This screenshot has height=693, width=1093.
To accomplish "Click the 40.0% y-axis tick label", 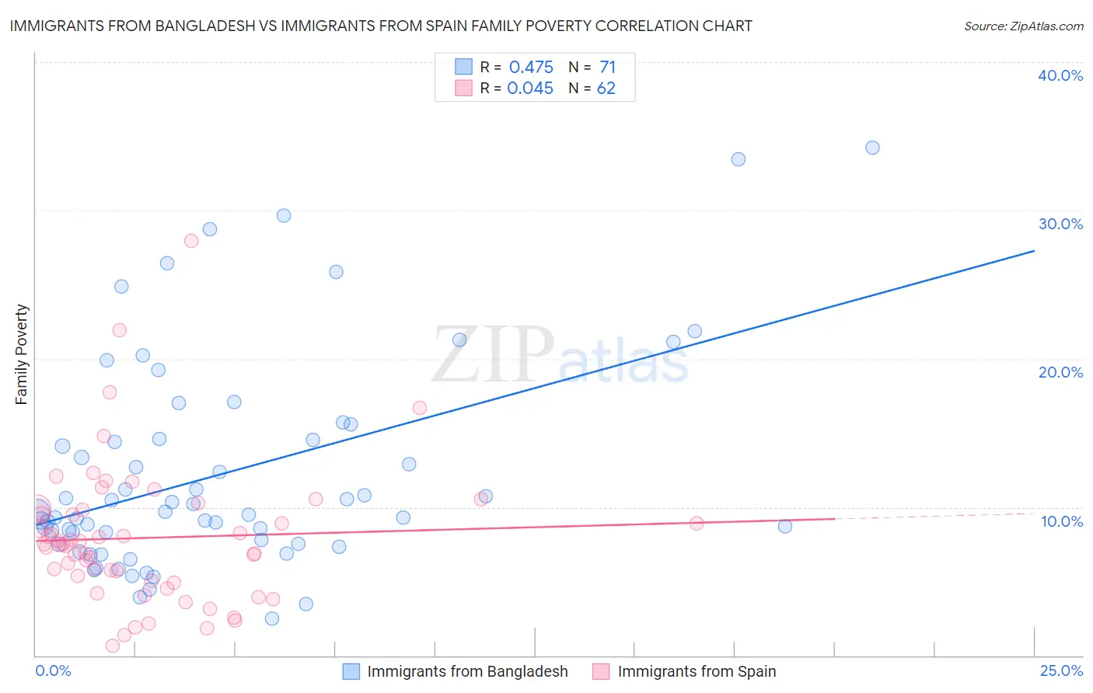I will point(1060,76).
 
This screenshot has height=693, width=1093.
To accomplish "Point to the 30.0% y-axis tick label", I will point(1060,224).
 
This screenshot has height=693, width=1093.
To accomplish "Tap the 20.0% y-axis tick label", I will point(1060,372).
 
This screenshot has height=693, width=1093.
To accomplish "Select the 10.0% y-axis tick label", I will point(1061,521).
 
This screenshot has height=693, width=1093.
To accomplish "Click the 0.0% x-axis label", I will point(53,671).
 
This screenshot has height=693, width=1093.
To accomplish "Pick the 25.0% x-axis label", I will point(1061,671).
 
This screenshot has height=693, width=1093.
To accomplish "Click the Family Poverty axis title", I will point(22,354).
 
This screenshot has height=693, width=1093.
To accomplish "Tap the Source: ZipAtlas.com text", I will point(1023,26).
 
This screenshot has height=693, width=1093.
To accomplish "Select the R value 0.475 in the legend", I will point(531,68).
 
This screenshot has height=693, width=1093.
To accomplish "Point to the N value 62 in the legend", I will point(606,89).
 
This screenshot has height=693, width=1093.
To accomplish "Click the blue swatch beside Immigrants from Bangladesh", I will point(351,671).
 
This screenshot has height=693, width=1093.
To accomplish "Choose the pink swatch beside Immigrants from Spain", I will point(601,671).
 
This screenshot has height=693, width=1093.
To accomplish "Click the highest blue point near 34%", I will point(872,148).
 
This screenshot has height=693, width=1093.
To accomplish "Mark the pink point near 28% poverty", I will point(191,241).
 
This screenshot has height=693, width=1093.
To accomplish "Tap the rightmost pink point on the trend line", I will point(697,524).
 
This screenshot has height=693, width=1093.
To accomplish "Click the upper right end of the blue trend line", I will point(1034,251).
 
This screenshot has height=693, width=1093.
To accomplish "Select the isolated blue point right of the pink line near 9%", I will point(785,527).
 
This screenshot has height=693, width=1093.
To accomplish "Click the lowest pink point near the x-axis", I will point(113,646).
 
